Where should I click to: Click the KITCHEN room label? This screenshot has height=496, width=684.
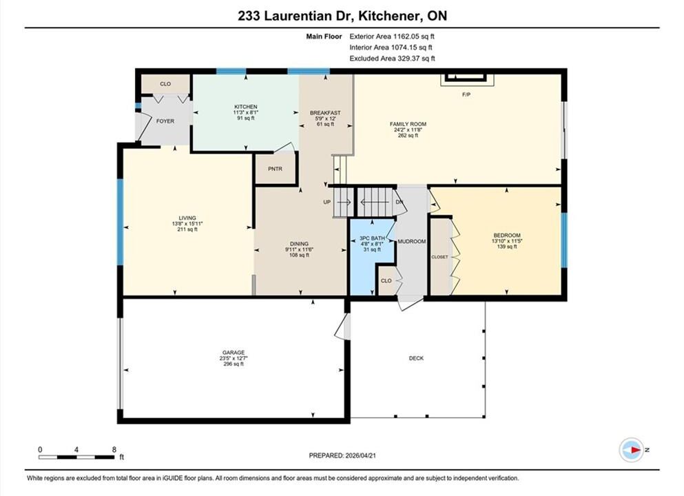pyautogui.click(x=246, y=107)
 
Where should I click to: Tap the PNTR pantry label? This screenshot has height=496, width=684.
pyautogui.click(x=275, y=169)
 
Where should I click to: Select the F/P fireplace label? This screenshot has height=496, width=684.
pyautogui.click(x=466, y=94)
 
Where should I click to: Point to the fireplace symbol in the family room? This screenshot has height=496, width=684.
pyautogui.click(x=466, y=78)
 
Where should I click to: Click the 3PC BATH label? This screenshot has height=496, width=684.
pyautogui.click(x=372, y=238)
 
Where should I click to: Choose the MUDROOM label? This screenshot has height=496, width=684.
pyautogui.click(x=411, y=241)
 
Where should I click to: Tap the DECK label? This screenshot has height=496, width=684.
pyautogui.click(x=416, y=358)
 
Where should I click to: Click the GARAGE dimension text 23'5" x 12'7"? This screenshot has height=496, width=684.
pyautogui.click(x=234, y=358)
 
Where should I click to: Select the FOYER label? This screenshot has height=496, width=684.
pyautogui.click(x=165, y=121)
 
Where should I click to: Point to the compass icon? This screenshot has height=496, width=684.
pyautogui.click(x=631, y=450)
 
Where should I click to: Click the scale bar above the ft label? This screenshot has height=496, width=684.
pyautogui.click(x=76, y=457)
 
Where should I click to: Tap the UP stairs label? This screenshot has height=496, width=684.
pyautogui.click(x=327, y=202)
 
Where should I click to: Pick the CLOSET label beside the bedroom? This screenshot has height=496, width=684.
pyautogui.click(x=439, y=257)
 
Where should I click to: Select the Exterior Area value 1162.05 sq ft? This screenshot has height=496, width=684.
pyautogui.click(x=413, y=37)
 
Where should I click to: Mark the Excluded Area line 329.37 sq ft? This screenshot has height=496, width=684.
pyautogui.click(x=392, y=59)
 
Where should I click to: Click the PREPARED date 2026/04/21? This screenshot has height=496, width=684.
pyautogui.click(x=360, y=455)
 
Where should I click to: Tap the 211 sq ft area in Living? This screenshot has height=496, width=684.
pyautogui.click(x=187, y=229)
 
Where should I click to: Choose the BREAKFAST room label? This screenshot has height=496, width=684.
pyautogui.click(x=325, y=113)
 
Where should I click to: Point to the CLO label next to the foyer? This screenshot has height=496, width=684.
pyautogui.click(x=165, y=84)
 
